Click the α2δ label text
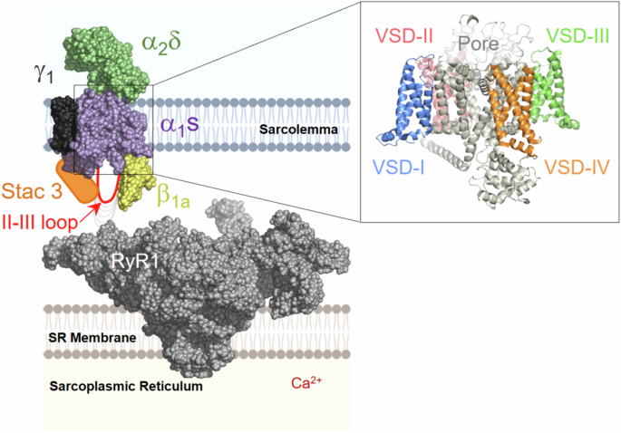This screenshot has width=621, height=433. point(162,42)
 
